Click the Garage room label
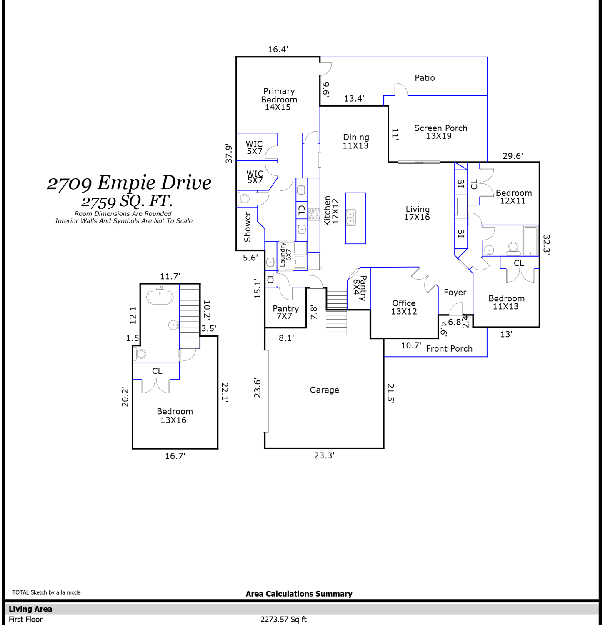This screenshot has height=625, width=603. click(x=324, y=390)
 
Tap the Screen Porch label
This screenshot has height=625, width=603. click(x=440, y=132)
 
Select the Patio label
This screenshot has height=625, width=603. click(x=425, y=78)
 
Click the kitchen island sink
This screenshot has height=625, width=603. click(x=351, y=217)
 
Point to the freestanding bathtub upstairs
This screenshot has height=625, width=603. click(x=160, y=296)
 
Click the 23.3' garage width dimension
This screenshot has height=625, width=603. click(x=324, y=455)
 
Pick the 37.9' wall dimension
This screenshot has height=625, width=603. click(x=229, y=153)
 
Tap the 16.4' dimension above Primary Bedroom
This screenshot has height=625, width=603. click(x=278, y=49)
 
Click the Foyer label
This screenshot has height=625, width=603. click(x=455, y=292)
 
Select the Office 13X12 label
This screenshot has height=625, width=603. click(x=404, y=307)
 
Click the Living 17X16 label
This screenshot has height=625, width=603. click(x=417, y=213)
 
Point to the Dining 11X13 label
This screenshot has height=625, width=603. click(x=356, y=141)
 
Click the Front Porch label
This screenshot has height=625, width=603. click(x=449, y=349)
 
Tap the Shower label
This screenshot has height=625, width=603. click(x=248, y=227)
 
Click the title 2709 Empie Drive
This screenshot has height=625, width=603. click(x=129, y=182)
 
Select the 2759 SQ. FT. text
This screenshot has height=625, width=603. click(x=127, y=201)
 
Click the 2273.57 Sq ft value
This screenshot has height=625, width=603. click(x=283, y=620)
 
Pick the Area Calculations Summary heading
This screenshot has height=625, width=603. click(x=299, y=594)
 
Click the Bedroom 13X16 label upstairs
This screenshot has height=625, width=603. click(x=175, y=416)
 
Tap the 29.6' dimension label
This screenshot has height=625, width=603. click(x=513, y=156)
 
